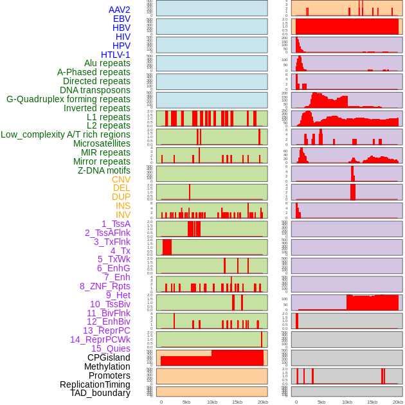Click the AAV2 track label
[x=120, y=10]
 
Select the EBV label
[x=122, y=19]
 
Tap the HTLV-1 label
[x=116, y=55]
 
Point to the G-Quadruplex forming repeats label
[x=68, y=99]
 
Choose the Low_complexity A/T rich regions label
[x=66, y=134]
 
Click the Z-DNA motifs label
[x=104, y=170]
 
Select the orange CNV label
[x=121, y=179]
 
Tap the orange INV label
[x=123, y=215]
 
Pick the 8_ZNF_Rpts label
[x=105, y=286]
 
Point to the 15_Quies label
[x=111, y=348]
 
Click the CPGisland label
[x=109, y=357]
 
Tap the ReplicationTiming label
[x=95, y=384]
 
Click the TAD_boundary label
[x=100, y=393]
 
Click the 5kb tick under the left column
[x=186, y=402]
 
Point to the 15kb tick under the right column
[x=372, y=402]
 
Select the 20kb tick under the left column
[x=262, y=402]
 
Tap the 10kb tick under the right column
[x=347, y=402]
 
